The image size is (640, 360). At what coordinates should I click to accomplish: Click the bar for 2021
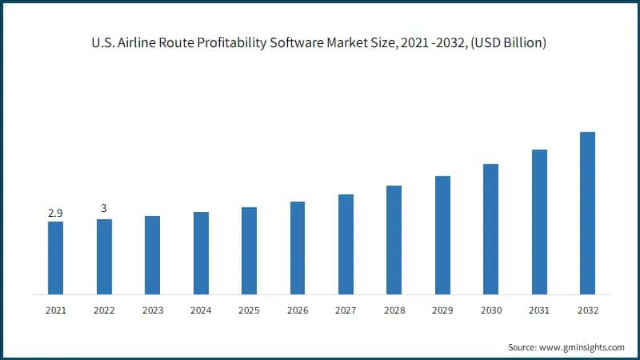click(x=55, y=258)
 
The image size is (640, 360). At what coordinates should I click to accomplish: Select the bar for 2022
click(x=104, y=256)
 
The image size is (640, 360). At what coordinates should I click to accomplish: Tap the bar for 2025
click(x=249, y=250)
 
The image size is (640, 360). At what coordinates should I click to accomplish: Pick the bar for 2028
click(x=394, y=239)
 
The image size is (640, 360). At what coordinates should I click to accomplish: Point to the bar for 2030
click(x=490, y=229)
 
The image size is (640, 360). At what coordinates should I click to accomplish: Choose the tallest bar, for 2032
click(x=587, y=213)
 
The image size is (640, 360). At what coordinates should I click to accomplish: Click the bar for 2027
click(x=346, y=244)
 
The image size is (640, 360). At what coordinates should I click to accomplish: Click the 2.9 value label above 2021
click(x=55, y=213)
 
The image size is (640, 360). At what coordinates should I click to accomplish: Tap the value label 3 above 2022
click(x=104, y=209)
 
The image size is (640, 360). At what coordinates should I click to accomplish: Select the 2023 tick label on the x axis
click(x=152, y=310)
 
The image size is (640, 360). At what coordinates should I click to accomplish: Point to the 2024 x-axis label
click(x=201, y=310)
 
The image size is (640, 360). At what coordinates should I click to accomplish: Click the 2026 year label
click(x=298, y=310)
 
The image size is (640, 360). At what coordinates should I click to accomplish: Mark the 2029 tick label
click(x=442, y=310)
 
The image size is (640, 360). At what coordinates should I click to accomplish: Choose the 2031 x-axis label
click(x=539, y=310)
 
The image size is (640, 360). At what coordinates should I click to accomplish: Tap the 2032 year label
click(x=587, y=310)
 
